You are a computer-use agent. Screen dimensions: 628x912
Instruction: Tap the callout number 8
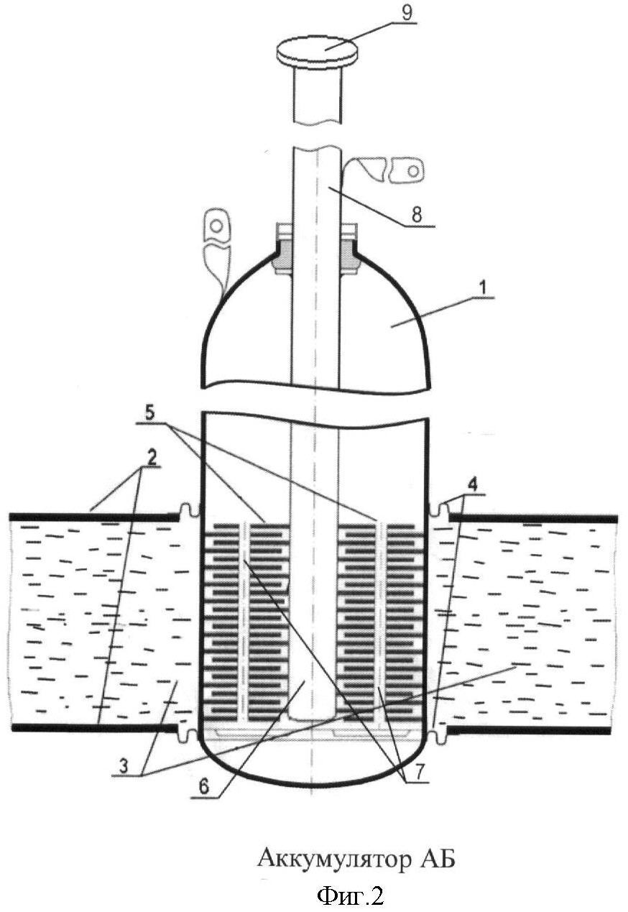pyautogui.click(x=416, y=215)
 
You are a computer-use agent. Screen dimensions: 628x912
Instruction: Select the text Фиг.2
pyautogui.click(x=350, y=896)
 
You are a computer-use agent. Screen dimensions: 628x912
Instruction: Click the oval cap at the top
pyautogui.click(x=318, y=52)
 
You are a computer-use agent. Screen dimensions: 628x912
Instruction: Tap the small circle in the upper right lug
pyautogui.click(x=413, y=170)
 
